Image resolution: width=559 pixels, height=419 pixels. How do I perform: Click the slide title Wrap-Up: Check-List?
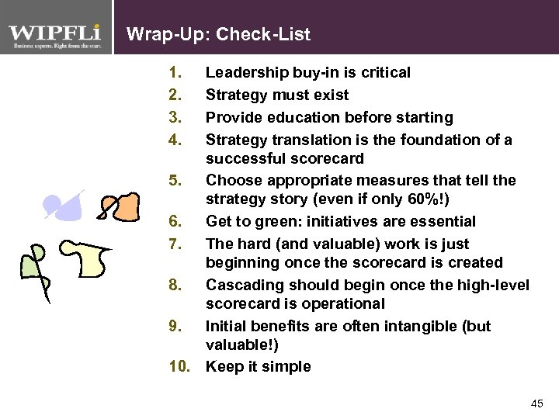click(x=218, y=34)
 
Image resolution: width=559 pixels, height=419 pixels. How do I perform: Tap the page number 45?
click(x=536, y=403)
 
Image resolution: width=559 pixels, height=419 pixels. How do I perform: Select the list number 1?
click(x=175, y=73)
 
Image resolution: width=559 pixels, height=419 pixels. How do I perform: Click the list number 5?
click(x=175, y=180)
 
